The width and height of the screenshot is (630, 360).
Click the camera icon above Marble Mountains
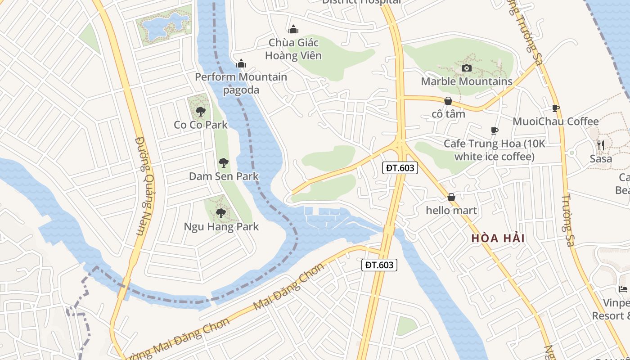(467, 68)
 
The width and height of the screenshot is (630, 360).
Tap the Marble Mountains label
(467, 81)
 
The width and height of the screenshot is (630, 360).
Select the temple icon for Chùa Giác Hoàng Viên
(293, 30)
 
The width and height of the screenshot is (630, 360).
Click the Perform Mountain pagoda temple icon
(241, 63)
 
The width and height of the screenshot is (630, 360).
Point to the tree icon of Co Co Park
(201, 111)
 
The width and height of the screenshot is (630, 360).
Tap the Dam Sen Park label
(224, 176)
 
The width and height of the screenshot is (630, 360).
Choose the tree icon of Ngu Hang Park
(220, 213)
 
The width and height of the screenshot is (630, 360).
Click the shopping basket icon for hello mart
(451, 197)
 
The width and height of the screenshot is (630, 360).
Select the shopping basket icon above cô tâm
(448, 101)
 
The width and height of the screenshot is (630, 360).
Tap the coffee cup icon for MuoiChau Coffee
(556, 108)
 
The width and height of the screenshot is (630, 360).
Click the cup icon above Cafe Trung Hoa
(494, 130)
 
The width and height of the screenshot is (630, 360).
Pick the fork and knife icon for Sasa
(601, 145)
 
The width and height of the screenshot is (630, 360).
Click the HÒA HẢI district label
(498, 238)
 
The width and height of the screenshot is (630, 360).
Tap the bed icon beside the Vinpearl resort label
(623, 289)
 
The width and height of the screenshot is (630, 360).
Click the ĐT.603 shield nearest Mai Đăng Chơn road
(379, 265)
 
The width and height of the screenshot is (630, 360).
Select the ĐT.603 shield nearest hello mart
(400, 168)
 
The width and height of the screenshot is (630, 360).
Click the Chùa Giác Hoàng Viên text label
(293, 49)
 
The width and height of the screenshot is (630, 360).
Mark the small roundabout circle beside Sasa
(572, 153)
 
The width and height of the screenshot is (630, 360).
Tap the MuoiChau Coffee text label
(556, 121)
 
